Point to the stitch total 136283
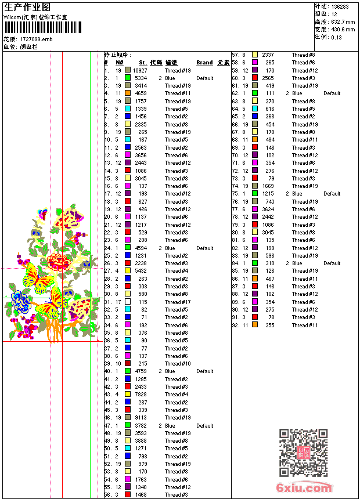point(340,6)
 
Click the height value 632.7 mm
point(343,21)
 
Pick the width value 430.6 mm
point(343,29)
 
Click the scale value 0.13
point(337,37)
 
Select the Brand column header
point(204,63)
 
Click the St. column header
point(142,63)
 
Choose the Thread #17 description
point(177,302)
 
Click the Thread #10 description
point(177,364)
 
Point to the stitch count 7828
point(141,395)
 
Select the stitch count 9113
point(141,418)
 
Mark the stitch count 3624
point(267,209)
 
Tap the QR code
point(303,453)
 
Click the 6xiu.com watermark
point(304,488)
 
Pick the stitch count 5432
point(141,271)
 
